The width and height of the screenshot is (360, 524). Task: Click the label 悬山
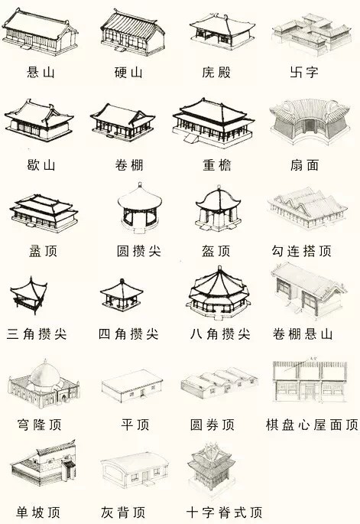tap(41, 72)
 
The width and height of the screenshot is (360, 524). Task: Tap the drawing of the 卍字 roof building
tap(311, 34)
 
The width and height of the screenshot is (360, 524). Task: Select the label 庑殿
tap(216, 72)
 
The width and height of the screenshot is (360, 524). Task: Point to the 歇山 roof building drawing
tap(39, 120)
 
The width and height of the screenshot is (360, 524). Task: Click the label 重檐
tap(217, 165)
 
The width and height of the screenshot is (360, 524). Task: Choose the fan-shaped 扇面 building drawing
tap(310, 121)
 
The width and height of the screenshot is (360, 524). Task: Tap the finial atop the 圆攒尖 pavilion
tap(140, 185)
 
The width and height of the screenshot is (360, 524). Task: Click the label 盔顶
tap(216, 251)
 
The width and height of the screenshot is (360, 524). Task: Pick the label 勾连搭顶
tap(301, 251)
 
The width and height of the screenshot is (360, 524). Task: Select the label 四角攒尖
tap(128, 334)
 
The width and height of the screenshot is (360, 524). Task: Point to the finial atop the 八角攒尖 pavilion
tap(219, 269)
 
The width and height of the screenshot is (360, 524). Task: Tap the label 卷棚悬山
tap(303, 334)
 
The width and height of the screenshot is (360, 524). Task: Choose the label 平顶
tap(135, 425)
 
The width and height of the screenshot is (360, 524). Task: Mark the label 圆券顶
tap(212, 425)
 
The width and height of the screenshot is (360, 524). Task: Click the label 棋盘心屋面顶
tap(312, 425)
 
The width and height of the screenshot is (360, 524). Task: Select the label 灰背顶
tap(123, 513)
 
